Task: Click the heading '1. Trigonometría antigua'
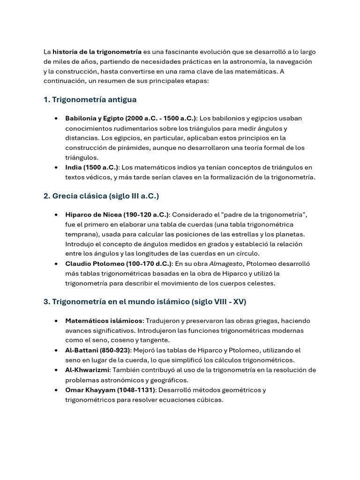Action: click(x=90, y=99)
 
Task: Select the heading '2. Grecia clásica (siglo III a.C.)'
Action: click(x=104, y=196)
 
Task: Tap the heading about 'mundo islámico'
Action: click(x=145, y=302)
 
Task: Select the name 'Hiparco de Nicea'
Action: click(x=94, y=215)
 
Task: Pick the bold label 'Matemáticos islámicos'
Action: click(x=104, y=321)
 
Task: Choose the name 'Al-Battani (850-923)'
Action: click(x=97, y=350)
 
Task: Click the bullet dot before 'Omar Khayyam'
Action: click(x=56, y=390)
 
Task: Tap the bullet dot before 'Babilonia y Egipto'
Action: click(x=56, y=119)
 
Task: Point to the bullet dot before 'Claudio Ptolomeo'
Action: click(x=56, y=264)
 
